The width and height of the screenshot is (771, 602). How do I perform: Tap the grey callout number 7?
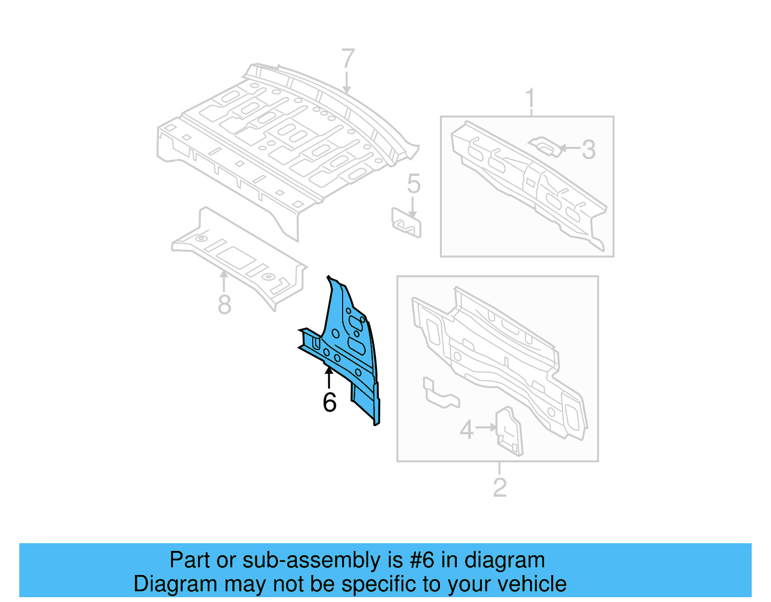(347, 59)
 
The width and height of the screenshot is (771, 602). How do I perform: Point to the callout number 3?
(588, 149)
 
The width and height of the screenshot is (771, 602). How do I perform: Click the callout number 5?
(413, 184)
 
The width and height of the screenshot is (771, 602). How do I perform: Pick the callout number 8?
(225, 305)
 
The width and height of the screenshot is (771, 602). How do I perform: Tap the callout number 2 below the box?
(500, 488)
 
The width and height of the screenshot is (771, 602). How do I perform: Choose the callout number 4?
(466, 429)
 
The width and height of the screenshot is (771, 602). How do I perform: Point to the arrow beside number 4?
(486, 427)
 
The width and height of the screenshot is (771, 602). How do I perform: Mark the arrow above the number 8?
(224, 281)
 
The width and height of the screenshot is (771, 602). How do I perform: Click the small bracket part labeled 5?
(406, 223)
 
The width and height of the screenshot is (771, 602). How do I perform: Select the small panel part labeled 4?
(508, 431)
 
